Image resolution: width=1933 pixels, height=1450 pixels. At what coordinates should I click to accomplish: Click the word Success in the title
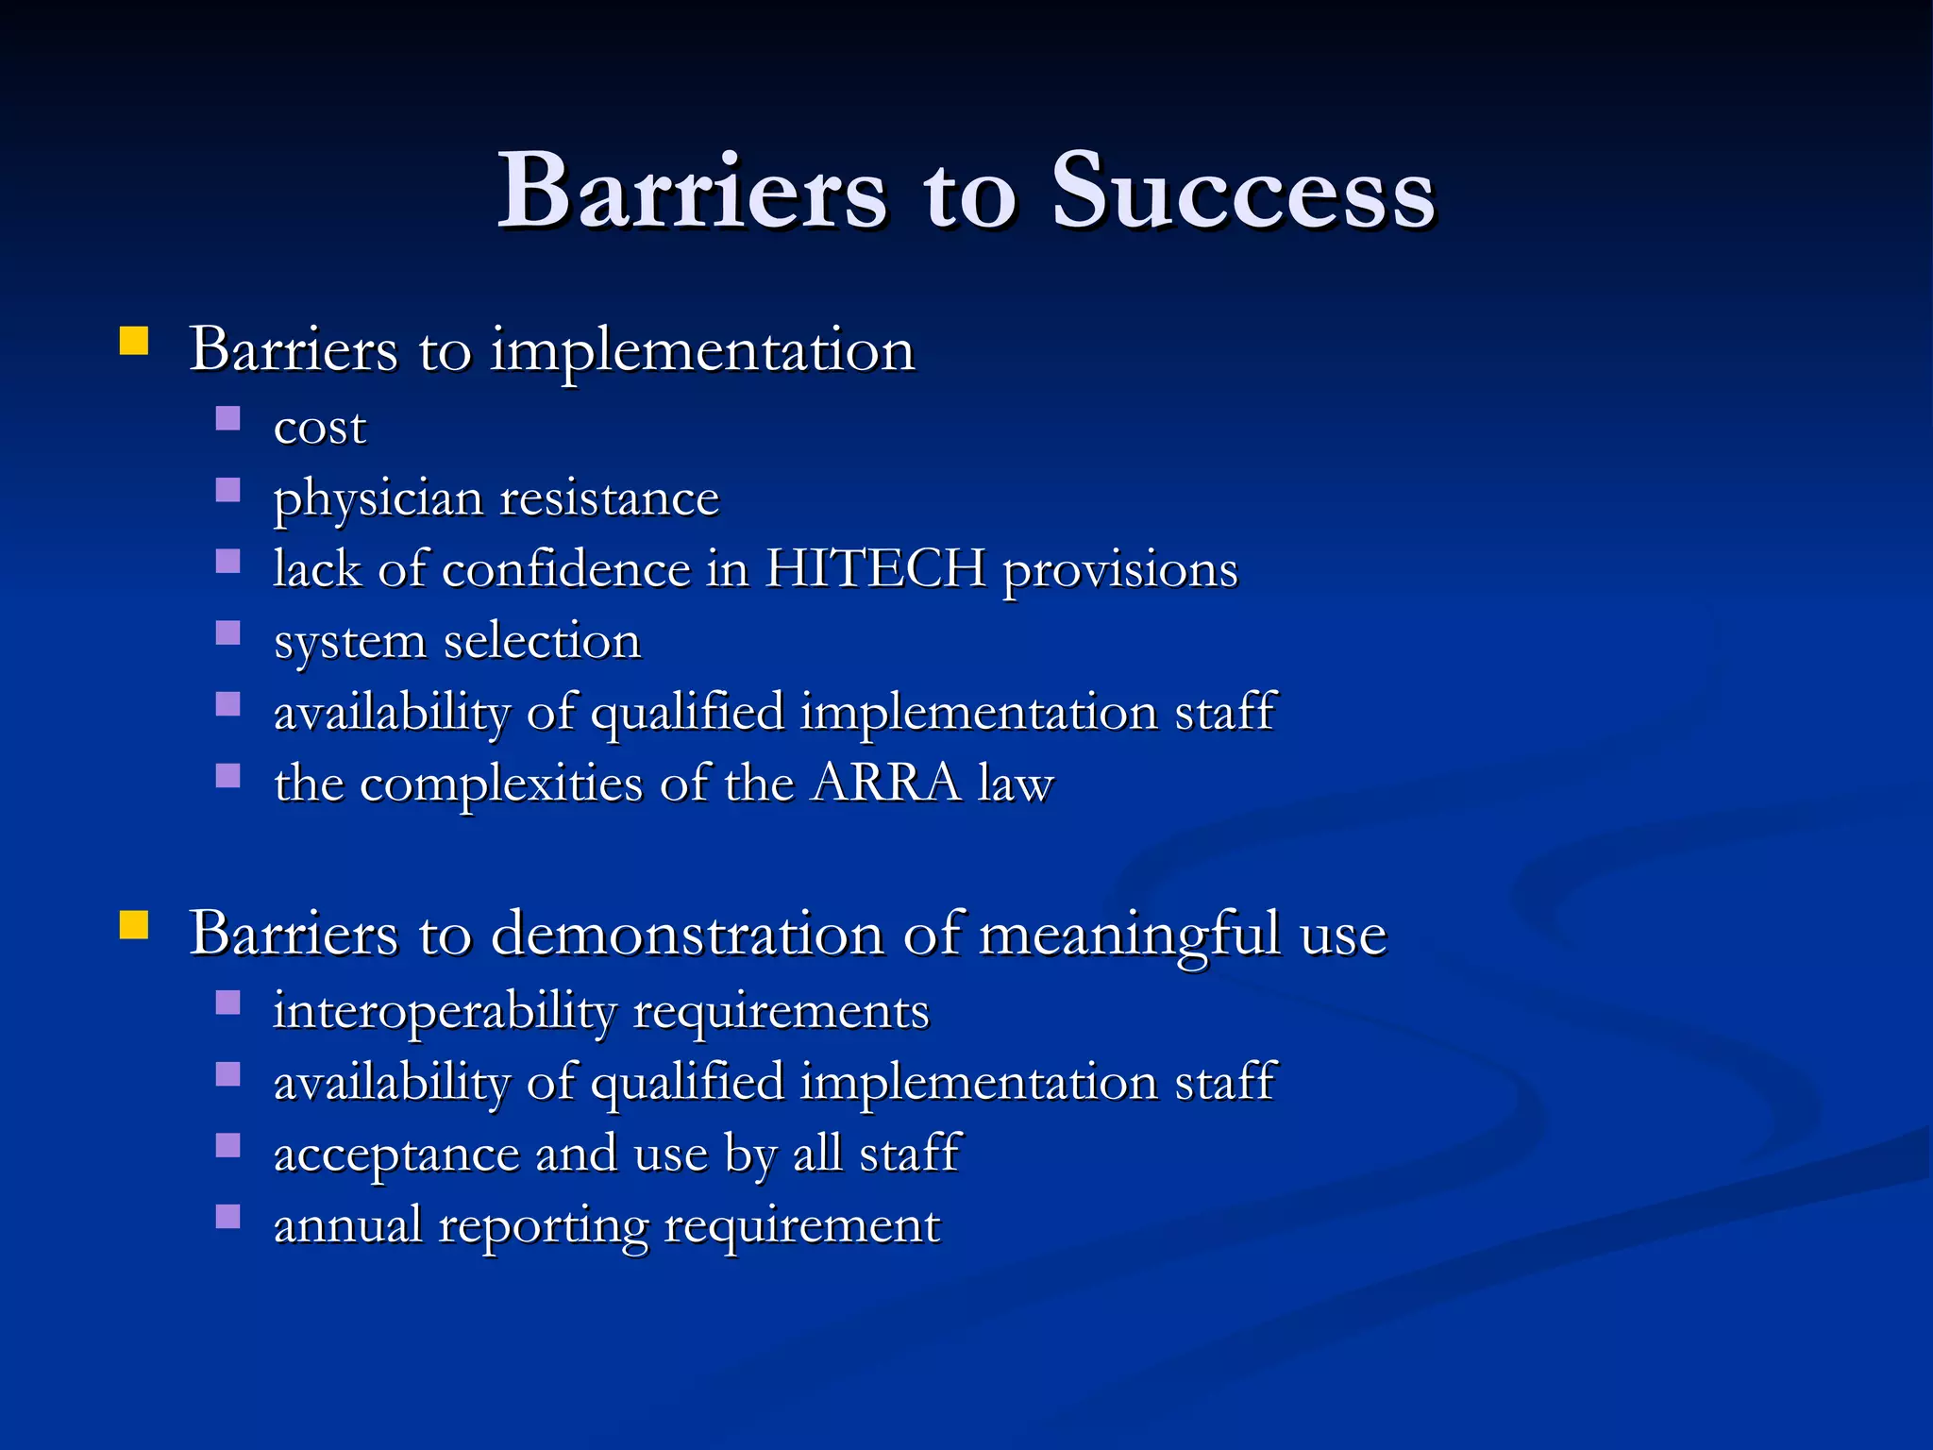pos(1244,192)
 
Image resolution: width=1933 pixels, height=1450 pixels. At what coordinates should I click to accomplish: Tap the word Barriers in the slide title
pos(692,192)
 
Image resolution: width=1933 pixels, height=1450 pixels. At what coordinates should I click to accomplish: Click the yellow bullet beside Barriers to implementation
pos(134,341)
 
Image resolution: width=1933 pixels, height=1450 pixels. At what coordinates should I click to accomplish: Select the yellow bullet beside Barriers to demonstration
pos(134,925)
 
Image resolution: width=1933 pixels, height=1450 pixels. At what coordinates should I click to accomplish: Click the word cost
pos(319,428)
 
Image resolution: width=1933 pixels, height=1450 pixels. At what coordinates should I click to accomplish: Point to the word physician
pos(377,499)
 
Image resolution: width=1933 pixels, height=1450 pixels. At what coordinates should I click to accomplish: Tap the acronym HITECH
pos(875,569)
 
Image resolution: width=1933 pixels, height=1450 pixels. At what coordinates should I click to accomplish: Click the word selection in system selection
pos(542,641)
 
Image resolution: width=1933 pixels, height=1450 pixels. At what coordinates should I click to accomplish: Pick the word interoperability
pos(444,1011)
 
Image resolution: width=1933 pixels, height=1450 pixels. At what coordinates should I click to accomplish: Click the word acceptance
pos(395,1154)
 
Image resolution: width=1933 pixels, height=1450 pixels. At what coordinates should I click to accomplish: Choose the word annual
pos(347,1225)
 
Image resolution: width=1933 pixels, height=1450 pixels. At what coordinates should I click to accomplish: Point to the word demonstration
pos(688,935)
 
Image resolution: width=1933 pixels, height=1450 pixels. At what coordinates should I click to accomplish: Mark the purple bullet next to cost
pos(227,418)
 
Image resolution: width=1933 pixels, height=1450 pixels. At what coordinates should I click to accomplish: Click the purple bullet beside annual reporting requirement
pos(227,1216)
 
